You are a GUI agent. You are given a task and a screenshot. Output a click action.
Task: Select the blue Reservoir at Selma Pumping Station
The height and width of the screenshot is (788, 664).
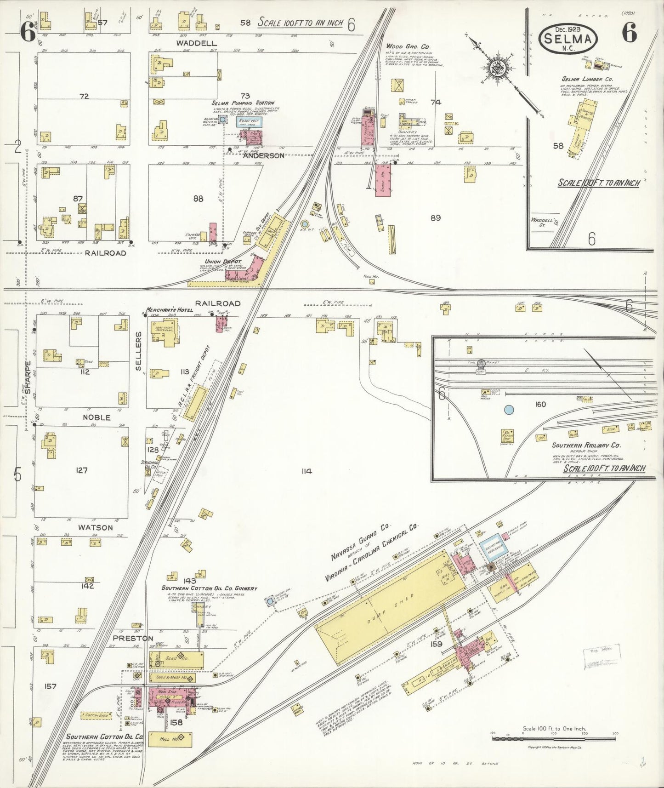(249, 122)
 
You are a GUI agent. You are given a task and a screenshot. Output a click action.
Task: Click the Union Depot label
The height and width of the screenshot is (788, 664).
(226, 261)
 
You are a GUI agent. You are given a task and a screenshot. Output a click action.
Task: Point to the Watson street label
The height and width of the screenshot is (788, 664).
(96, 527)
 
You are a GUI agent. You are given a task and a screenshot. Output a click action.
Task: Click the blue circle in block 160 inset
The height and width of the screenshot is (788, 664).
(509, 409)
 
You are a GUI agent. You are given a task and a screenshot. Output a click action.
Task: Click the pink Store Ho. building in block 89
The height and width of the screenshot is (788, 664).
(383, 181)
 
